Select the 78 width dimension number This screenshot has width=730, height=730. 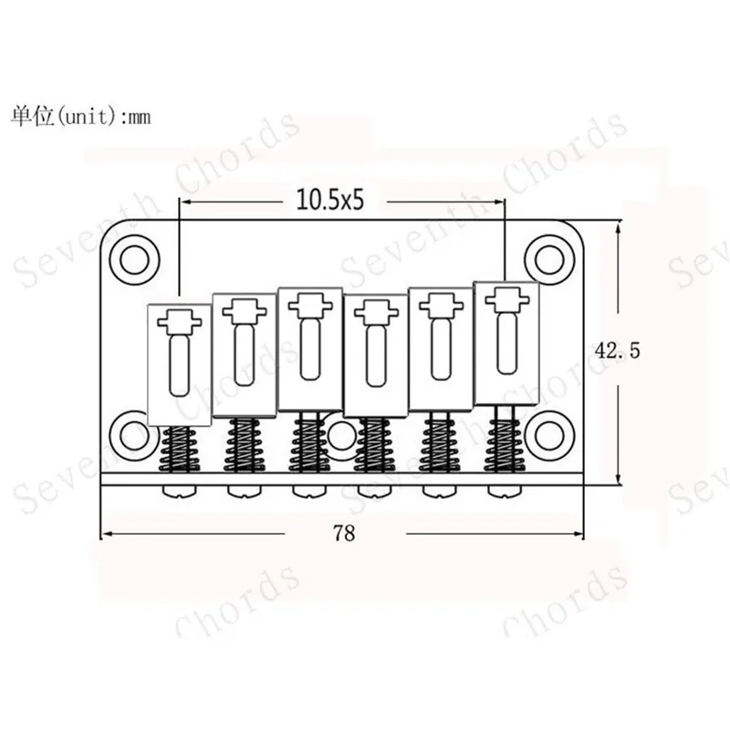click(344, 534)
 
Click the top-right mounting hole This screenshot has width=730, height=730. click(550, 253)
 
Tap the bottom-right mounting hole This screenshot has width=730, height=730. click(550, 431)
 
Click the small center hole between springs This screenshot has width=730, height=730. click(341, 436)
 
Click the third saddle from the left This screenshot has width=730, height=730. click(308, 348)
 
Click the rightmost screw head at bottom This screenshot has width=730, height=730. click(503, 490)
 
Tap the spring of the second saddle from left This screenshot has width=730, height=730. click(244, 445)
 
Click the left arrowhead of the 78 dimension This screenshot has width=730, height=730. click(104, 534)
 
